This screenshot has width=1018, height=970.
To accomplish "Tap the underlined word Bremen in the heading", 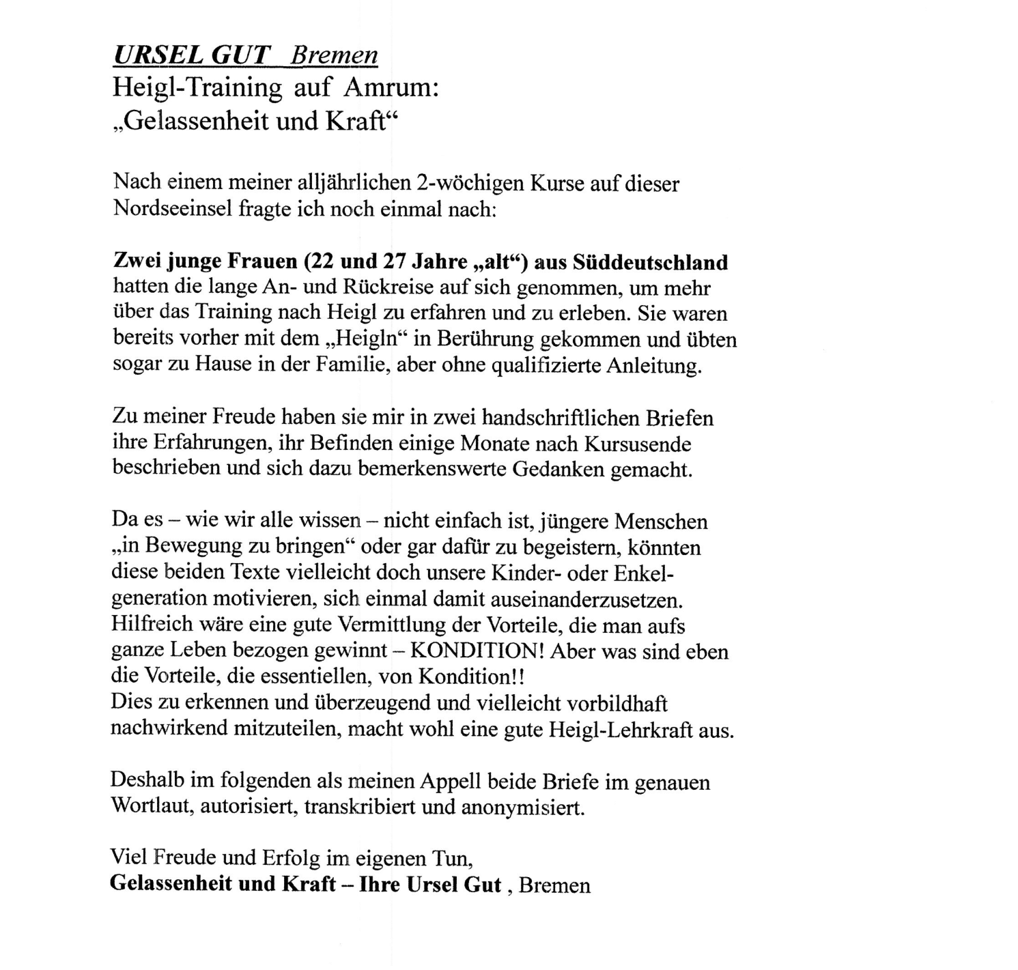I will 334,55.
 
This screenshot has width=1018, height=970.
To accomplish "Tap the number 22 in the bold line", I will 322,261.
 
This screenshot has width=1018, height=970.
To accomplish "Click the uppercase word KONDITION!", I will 474,651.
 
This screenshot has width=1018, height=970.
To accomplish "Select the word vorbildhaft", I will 613,703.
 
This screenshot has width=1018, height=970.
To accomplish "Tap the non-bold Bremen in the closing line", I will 554,885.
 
